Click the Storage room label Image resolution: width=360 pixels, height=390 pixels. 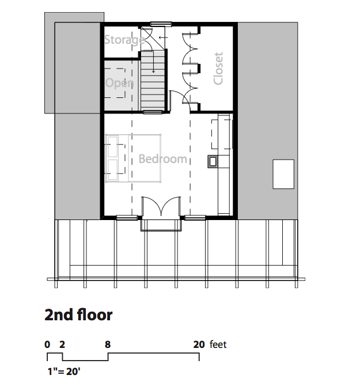pos(124,40)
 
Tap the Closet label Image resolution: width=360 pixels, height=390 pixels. pos(218,69)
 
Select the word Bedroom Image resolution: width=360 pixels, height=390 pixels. pos(163,158)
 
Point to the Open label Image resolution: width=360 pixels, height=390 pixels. pos(120,83)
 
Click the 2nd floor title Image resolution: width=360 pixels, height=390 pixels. pos(78,315)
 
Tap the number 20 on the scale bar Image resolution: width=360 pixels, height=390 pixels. pos(199,344)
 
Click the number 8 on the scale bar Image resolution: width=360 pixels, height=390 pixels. pos(107,344)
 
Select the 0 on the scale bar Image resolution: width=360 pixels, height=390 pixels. pos(47,344)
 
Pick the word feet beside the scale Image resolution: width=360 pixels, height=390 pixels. pos(218,344)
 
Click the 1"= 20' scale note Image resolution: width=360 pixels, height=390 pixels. pos(64,372)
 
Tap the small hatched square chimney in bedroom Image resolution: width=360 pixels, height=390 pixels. pos(213,162)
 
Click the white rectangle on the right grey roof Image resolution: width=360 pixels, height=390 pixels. pos(283,174)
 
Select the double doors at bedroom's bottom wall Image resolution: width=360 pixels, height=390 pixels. pos(161,206)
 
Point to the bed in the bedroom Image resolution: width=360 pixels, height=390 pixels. pos(133,158)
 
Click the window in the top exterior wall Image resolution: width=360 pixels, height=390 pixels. pos(161,24)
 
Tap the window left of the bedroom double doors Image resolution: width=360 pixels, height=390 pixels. pos(127,218)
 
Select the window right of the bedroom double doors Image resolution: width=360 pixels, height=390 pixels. pos(195,218)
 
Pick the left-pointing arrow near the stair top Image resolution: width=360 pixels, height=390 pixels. pos(164,37)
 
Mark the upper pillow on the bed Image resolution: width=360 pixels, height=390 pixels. pos(113,147)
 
